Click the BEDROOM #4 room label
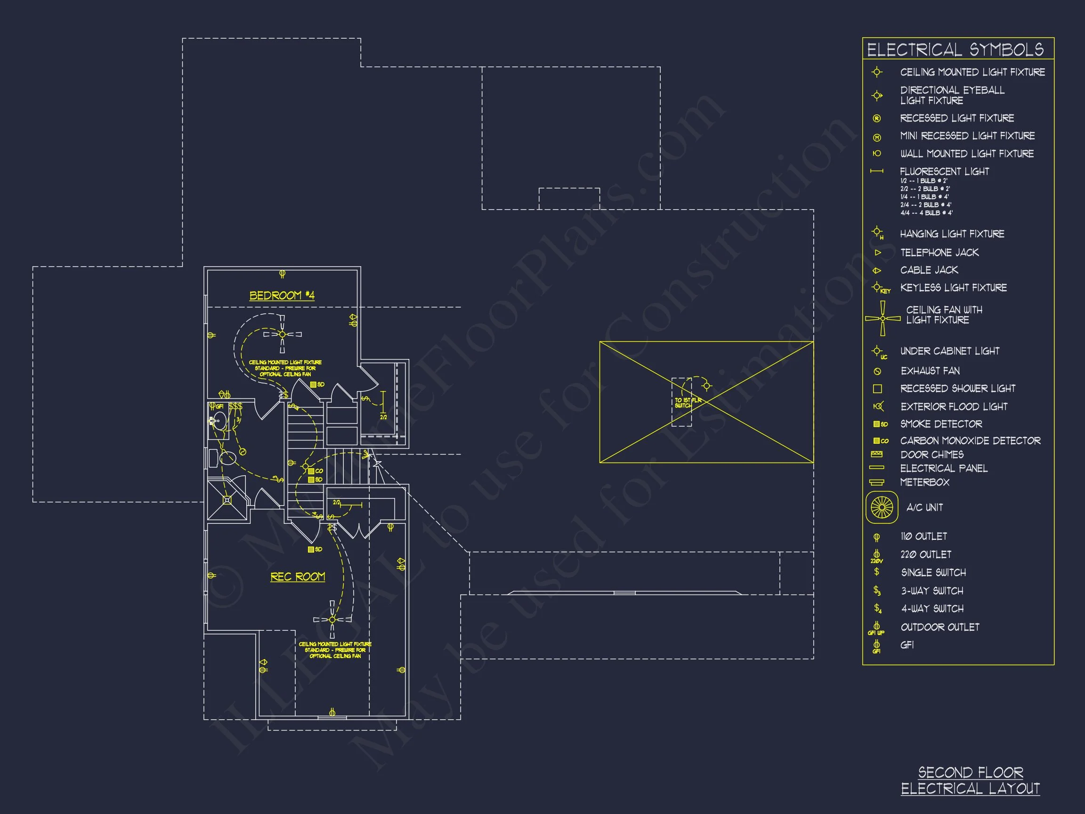pyautogui.click(x=282, y=295)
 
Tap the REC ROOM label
pyautogui.click(x=298, y=577)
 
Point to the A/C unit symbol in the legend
pyautogui.click(x=882, y=507)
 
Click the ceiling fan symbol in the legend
pyautogui.click(x=883, y=318)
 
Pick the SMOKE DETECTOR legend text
pyautogui.click(x=941, y=424)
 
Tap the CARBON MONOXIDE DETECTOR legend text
pyautogui.click(x=970, y=440)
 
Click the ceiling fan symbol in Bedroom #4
pyautogui.click(x=282, y=334)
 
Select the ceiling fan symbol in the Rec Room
pyautogui.click(x=332, y=620)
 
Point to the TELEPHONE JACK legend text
pyautogui.click(x=939, y=252)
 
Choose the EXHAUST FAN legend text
pyautogui.click(x=930, y=371)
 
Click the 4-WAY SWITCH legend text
pyautogui.click(x=932, y=609)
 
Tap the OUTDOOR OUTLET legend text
pyautogui.click(x=939, y=627)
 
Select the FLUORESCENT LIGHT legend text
pyautogui.click(x=944, y=172)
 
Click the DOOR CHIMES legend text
pyautogui.click(x=931, y=455)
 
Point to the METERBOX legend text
pyautogui.click(x=924, y=482)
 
